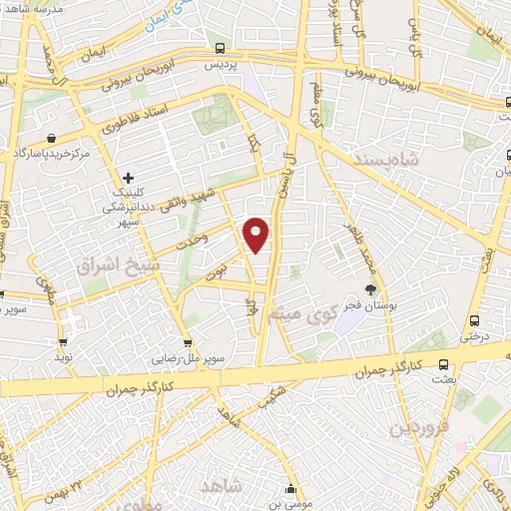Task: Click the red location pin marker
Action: [257, 235]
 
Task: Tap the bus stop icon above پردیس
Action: [220, 48]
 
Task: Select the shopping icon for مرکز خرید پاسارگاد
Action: [51, 139]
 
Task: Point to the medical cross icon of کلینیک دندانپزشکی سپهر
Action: [128, 178]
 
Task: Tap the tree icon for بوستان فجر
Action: [370, 289]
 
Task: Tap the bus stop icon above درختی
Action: [473, 321]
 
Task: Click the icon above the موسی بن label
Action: [290, 489]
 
